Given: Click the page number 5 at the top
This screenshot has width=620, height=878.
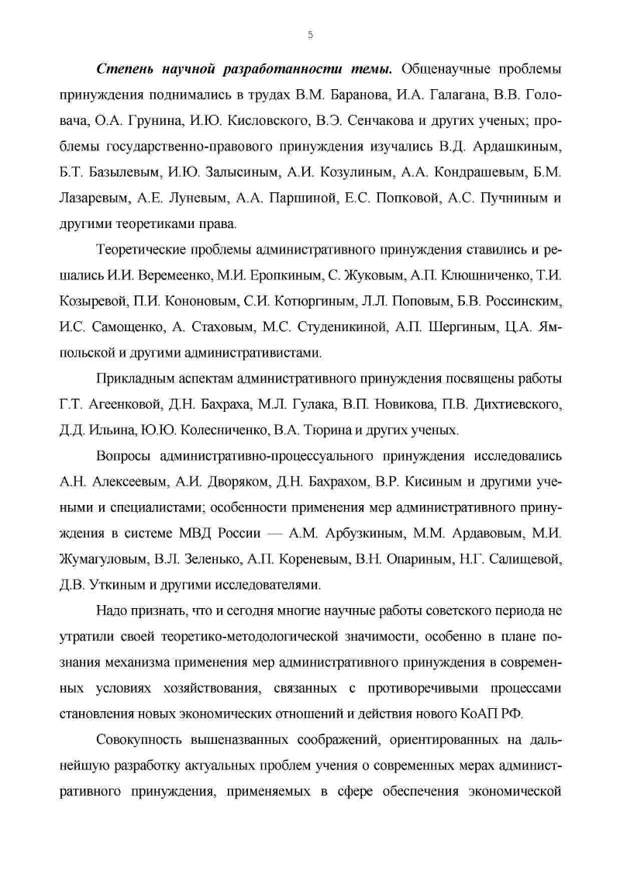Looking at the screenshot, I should (310, 35).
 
